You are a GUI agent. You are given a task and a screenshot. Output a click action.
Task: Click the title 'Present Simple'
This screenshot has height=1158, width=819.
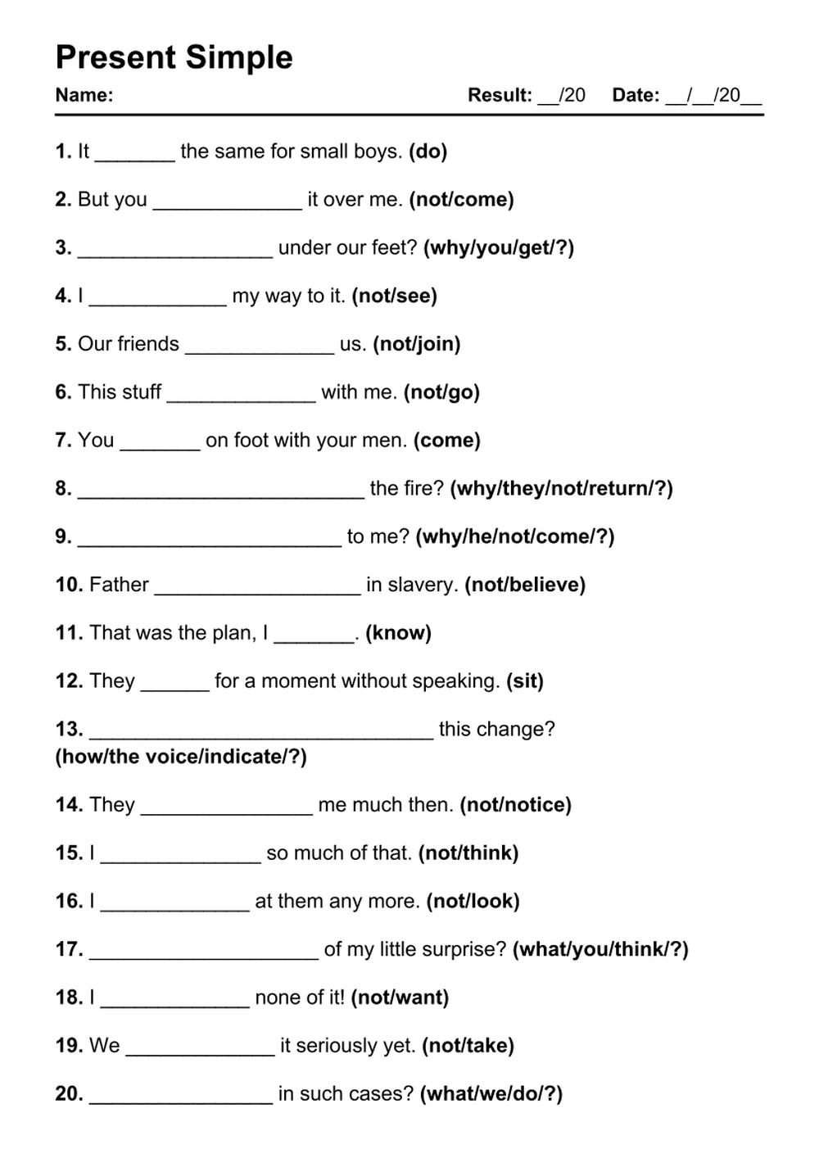174,57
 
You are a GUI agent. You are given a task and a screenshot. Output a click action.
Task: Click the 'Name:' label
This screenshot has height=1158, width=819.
84,95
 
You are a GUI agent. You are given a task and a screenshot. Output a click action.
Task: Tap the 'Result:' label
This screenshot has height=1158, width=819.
500,95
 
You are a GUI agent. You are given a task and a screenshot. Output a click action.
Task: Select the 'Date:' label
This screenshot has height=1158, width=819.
636,95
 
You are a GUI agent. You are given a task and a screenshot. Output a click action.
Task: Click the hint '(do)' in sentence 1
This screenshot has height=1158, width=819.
428,152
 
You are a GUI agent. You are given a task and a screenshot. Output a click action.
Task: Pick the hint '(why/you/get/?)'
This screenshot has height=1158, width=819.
498,247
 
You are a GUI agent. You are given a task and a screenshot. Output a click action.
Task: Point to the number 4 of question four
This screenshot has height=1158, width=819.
62,296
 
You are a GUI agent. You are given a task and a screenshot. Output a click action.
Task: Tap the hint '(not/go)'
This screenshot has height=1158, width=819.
441,392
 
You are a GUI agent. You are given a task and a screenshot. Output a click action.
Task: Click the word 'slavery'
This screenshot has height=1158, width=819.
422,585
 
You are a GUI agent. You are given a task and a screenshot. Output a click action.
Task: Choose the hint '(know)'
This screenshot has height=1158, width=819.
398,633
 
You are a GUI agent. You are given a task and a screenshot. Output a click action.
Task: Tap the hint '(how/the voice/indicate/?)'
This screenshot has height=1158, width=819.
181,757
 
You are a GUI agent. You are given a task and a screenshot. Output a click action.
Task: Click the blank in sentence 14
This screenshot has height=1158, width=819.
226,809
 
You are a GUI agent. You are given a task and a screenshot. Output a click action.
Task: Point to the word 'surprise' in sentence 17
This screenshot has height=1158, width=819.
468,949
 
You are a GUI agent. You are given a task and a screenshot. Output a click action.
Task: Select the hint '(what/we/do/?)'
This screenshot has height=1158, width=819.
491,1094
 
